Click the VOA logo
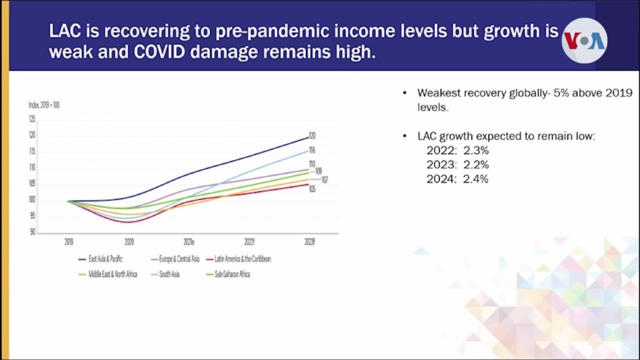click(584, 41)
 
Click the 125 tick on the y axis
click(32, 119)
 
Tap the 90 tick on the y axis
click(33, 233)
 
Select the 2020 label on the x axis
click(129, 242)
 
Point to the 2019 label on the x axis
click(69, 242)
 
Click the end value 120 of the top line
click(312, 135)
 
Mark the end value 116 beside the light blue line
click(312, 150)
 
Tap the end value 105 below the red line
click(312, 189)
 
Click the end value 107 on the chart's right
click(324, 180)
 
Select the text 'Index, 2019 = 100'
click(44, 105)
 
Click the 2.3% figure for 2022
click(477, 151)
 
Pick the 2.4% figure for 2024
click(477, 179)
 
